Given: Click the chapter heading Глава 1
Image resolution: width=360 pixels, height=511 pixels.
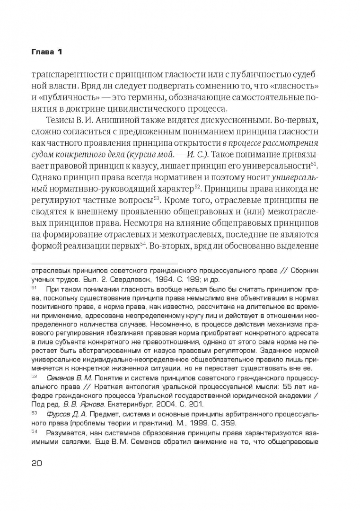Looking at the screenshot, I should (x=46, y=51).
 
